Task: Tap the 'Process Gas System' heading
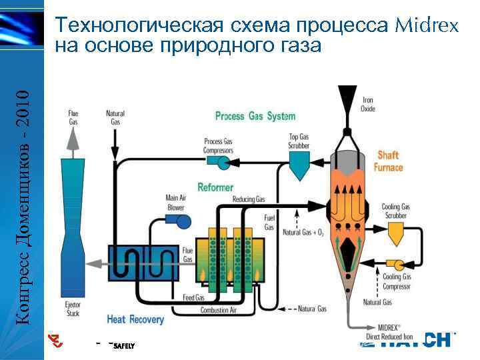click(x=255, y=117)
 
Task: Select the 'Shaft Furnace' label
click(x=388, y=161)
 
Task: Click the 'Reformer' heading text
click(x=215, y=187)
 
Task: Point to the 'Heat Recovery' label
click(x=135, y=319)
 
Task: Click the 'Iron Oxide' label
click(x=367, y=105)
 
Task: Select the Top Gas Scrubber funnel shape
click(x=299, y=162)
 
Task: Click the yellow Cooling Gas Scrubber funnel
click(x=397, y=231)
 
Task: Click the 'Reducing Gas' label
click(x=249, y=199)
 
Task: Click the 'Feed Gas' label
click(x=193, y=297)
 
